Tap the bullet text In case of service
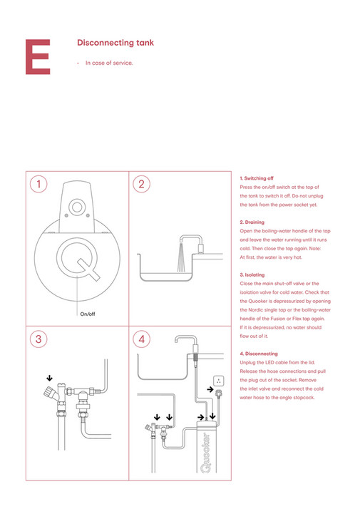click(109, 63)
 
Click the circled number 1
click(39, 184)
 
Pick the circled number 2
click(142, 184)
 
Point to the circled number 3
click(39, 339)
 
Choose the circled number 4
click(142, 339)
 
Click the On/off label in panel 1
click(88, 314)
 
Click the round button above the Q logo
click(76, 207)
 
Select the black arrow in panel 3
click(49, 379)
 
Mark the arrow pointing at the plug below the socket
click(209, 390)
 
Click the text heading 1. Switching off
click(257, 178)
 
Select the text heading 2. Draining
click(252, 222)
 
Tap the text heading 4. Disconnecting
click(259, 354)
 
